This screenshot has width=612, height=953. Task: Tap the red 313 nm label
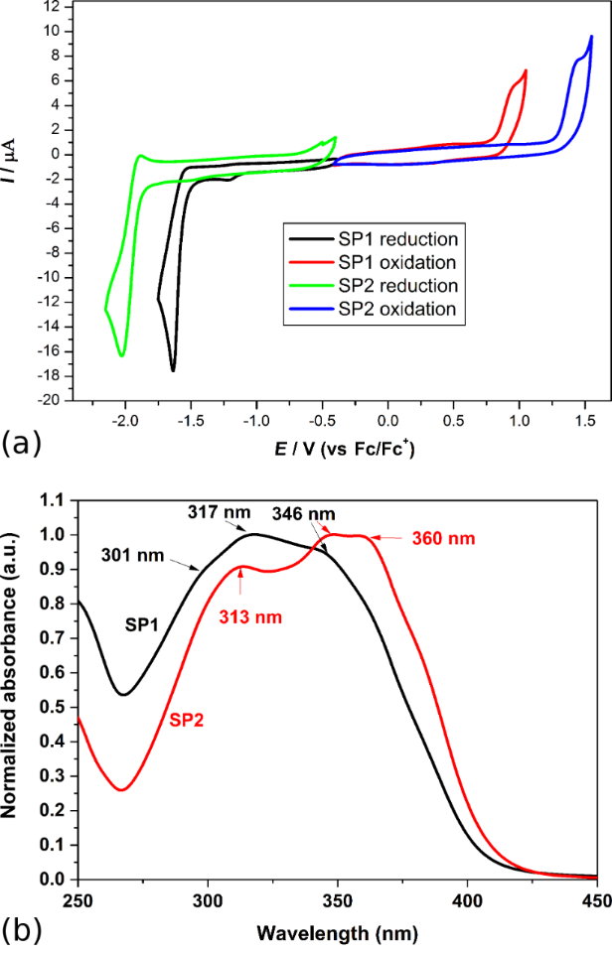point(250,616)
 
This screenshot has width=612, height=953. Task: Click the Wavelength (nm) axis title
point(336,933)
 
